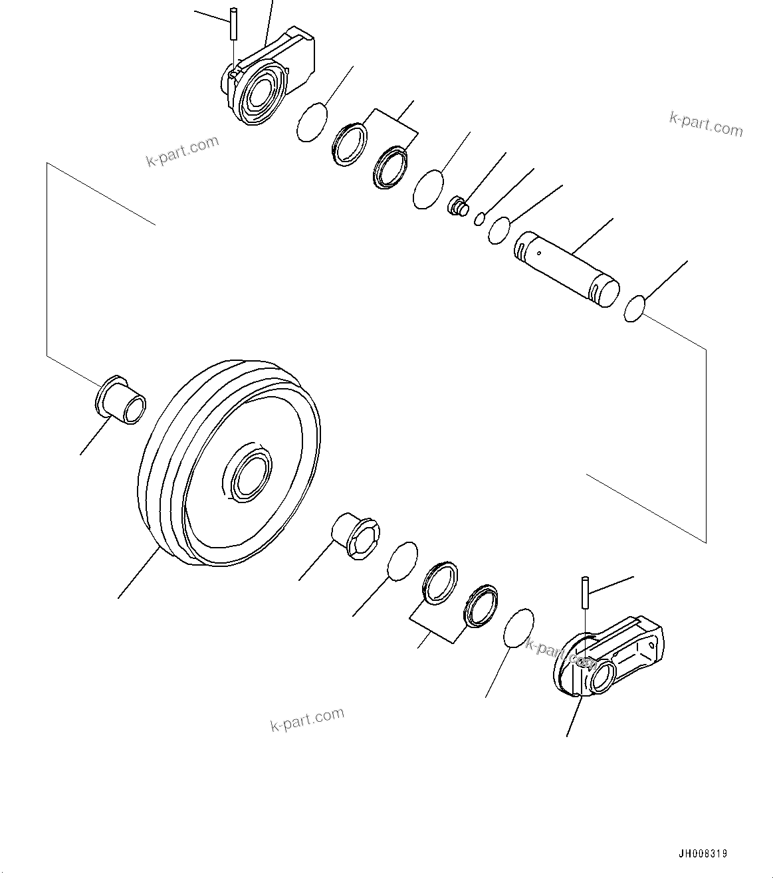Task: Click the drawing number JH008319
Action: pyautogui.click(x=703, y=853)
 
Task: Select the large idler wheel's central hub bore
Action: pyautogui.click(x=249, y=473)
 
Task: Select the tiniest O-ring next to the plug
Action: pyautogui.click(x=479, y=218)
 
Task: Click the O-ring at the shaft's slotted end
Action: pyautogui.click(x=635, y=309)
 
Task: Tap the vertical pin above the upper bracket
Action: pyautogui.click(x=233, y=23)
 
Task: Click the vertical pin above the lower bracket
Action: pyautogui.click(x=585, y=592)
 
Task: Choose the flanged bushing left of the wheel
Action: pyautogui.click(x=121, y=399)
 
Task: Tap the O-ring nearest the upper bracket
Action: pyautogui.click(x=312, y=122)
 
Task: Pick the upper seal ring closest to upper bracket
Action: pyautogui.click(x=350, y=146)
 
